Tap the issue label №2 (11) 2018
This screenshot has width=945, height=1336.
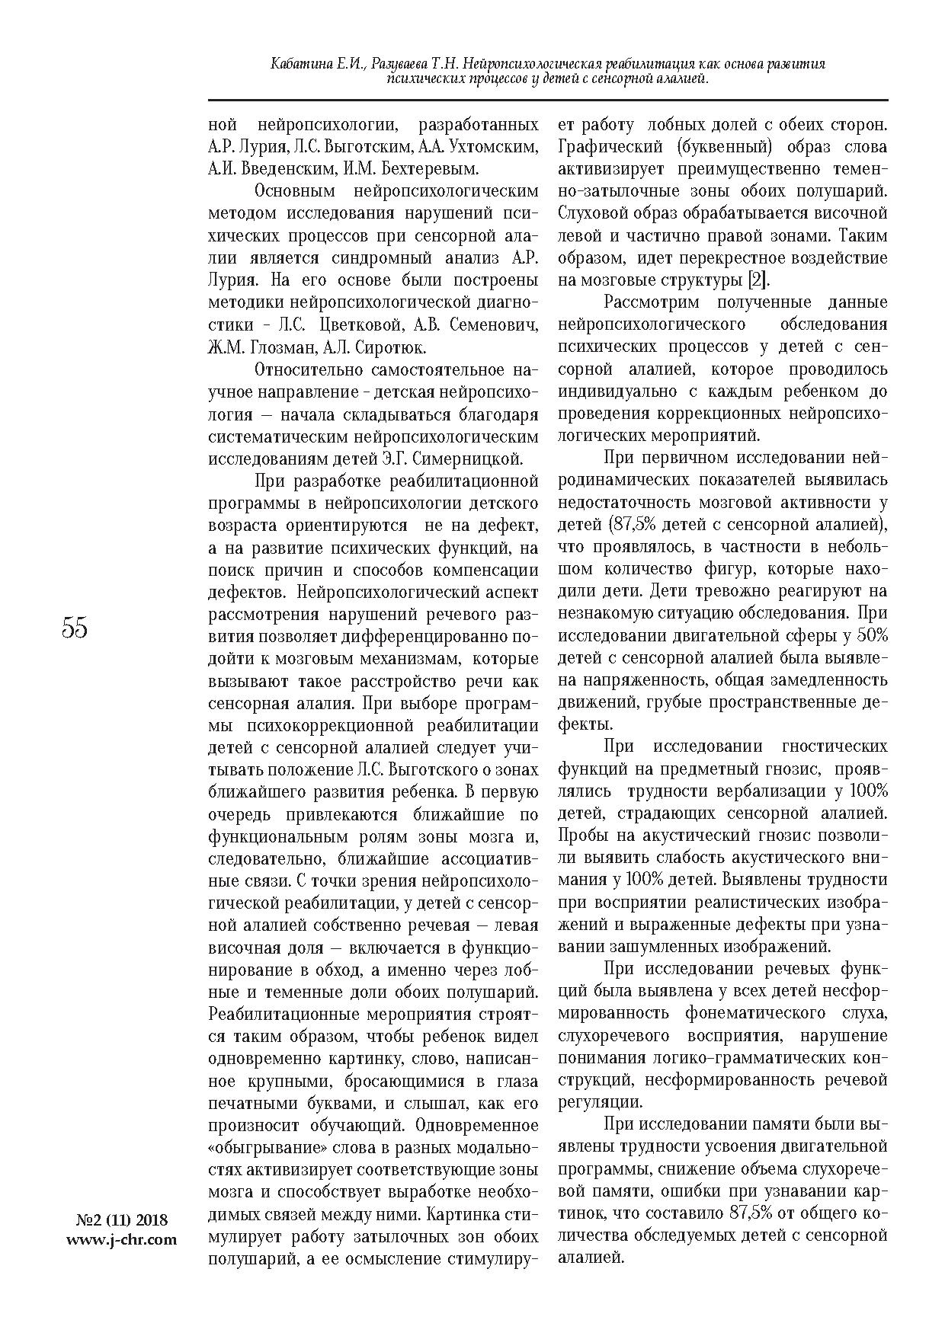pos(121,1219)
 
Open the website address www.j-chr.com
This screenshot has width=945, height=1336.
pos(121,1239)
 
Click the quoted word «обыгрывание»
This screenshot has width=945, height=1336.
pos(256,1147)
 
